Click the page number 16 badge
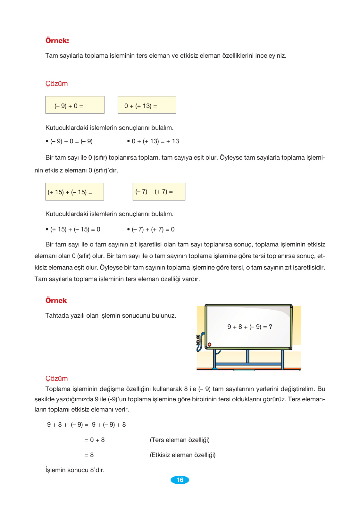coord(180,480)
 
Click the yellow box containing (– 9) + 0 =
coord(75,105)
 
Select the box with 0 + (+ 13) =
coord(147,105)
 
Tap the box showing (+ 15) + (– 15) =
coord(75,192)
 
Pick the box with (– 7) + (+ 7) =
coord(159,192)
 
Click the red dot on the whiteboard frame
coord(209,345)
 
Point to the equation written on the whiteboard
coord(249,327)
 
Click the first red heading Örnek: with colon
coord(57,41)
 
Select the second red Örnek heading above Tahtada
coord(56,300)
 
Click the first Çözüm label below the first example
coord(56,84)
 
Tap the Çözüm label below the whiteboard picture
coord(56,378)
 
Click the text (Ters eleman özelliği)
coord(180,440)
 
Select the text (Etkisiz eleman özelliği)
coord(182,455)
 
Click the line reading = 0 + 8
coord(95,440)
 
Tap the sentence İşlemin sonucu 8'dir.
coord(75,470)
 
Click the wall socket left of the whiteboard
coord(198,340)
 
